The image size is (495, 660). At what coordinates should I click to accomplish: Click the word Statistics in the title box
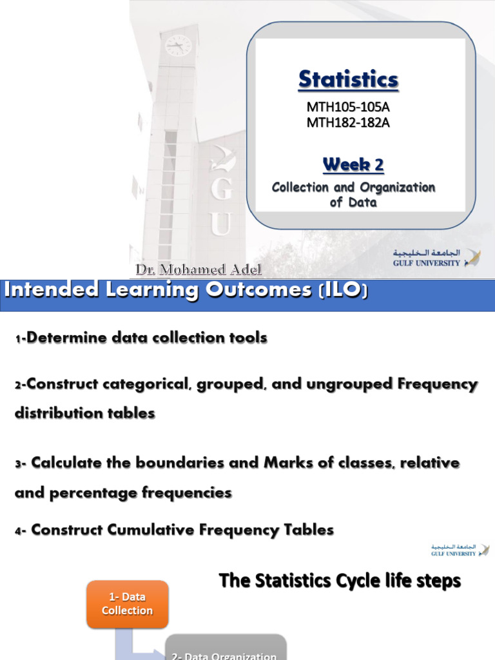348,80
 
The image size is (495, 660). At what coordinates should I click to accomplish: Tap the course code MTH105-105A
348,107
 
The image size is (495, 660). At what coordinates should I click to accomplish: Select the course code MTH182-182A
348,122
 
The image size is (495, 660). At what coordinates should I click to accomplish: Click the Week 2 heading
353,165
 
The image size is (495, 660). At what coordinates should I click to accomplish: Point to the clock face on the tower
178,45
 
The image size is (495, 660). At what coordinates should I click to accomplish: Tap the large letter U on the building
220,224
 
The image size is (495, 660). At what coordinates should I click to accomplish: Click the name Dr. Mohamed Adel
199,269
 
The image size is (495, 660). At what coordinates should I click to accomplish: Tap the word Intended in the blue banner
45,290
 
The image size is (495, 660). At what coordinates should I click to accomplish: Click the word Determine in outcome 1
63,338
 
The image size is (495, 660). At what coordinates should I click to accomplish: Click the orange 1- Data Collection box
128,604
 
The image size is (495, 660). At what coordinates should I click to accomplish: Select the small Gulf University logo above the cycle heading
460,550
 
